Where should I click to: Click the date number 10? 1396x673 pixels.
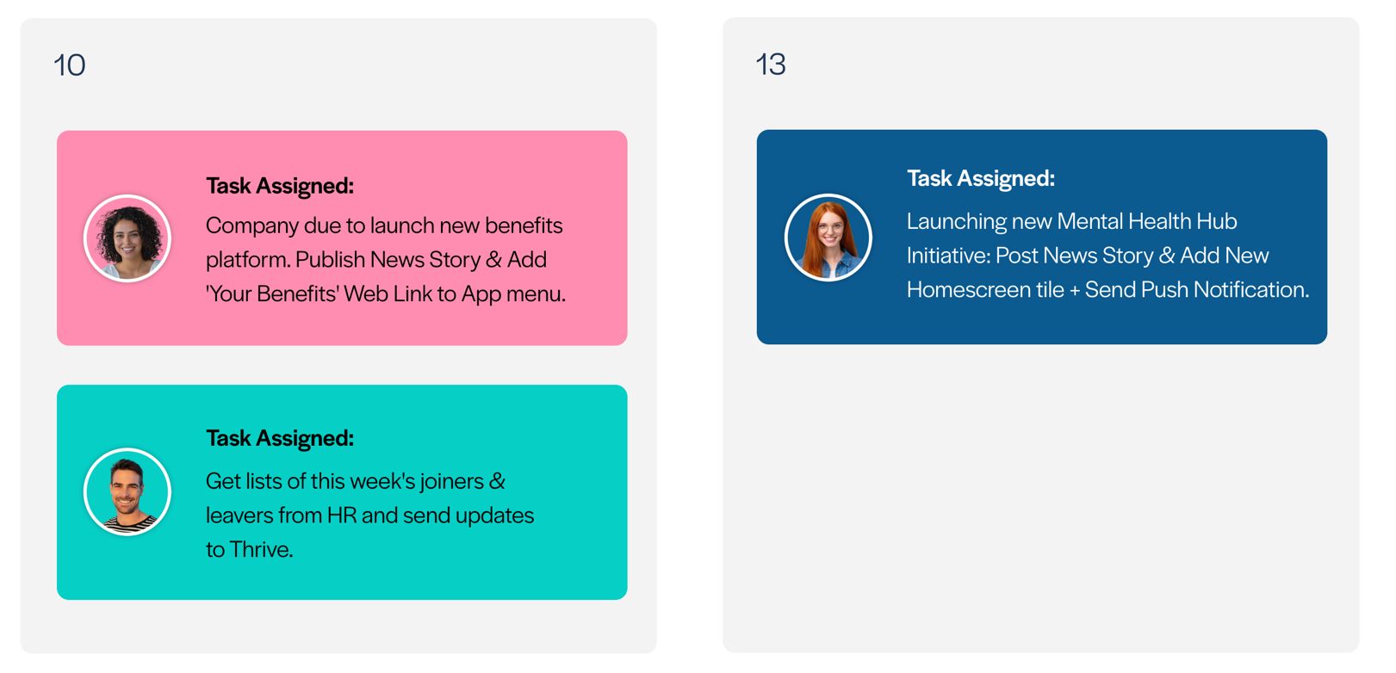69,65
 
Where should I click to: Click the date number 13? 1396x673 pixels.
771,65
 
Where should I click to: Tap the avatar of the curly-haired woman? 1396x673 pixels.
127,238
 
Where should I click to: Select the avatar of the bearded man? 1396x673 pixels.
127,492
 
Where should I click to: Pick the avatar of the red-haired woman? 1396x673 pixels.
828,238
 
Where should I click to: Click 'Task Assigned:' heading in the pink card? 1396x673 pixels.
280,186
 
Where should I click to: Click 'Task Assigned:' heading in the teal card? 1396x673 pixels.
280,438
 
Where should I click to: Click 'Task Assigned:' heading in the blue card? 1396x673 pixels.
981,178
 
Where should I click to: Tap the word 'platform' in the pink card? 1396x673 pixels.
245,261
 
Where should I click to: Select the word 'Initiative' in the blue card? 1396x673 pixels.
948,256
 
